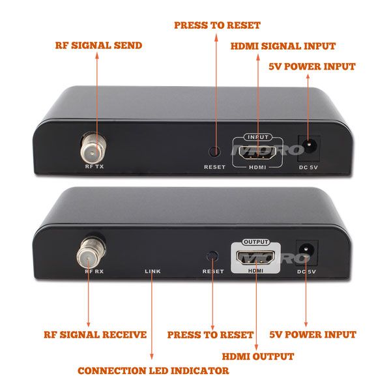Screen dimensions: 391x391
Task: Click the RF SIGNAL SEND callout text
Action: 97,46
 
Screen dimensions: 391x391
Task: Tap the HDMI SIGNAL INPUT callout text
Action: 283,46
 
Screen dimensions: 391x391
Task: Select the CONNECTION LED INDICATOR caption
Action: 153,371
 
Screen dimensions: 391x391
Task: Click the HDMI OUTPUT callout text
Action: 257,356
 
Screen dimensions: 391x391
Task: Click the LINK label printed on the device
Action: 152,270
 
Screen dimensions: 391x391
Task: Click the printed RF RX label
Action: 95,270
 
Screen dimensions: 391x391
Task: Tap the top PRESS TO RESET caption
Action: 217,25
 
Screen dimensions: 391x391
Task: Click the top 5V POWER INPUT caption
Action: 312,66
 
